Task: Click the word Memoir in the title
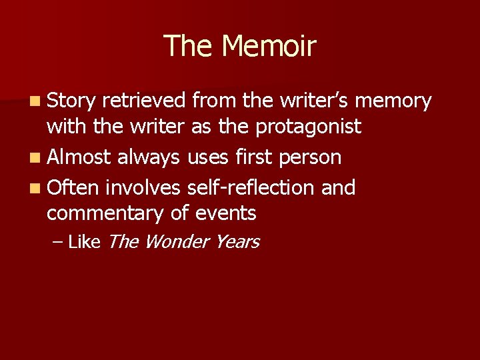point(269,46)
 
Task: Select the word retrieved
point(145,101)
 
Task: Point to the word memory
point(394,101)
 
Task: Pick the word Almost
point(79,157)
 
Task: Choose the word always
point(149,157)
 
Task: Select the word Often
point(73,188)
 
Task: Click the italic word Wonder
point(176,242)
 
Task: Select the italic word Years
point(237,242)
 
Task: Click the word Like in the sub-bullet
point(83,242)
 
